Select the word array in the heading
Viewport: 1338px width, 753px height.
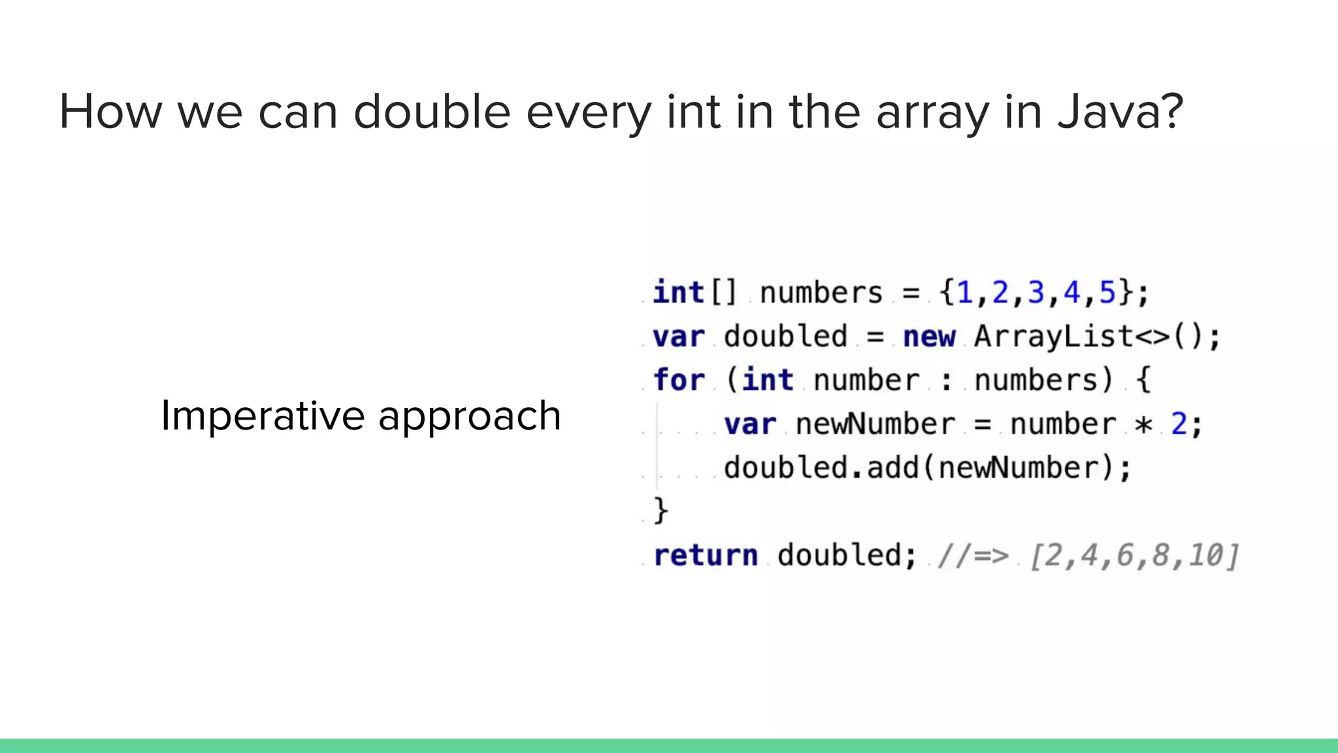932,112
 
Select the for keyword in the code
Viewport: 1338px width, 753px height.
679,380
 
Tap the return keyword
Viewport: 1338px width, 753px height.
706,556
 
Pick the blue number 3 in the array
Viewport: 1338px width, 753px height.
1036,293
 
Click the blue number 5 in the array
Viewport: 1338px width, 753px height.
1107,293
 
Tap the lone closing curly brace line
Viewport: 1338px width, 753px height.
661,510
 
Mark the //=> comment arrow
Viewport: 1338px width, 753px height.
973,556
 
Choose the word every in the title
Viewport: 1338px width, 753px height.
588,112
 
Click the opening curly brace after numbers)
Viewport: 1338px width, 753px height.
1143,380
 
